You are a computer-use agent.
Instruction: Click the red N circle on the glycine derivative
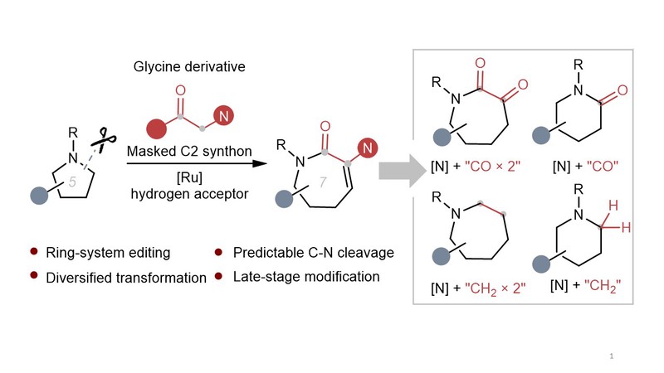[224, 117]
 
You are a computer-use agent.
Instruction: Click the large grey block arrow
[397, 169]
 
